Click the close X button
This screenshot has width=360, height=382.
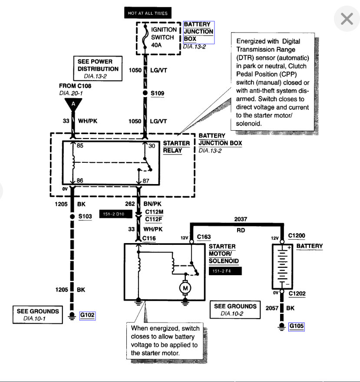347,19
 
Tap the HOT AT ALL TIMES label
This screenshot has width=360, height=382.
147,13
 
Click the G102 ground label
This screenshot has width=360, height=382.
87,316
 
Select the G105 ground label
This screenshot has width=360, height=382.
297,326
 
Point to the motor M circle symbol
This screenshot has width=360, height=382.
185,287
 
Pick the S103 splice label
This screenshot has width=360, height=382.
85,216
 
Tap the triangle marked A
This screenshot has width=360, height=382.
73,104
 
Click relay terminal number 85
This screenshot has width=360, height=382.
80,146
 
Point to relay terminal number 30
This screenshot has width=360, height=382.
152,146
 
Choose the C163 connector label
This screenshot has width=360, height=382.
204,237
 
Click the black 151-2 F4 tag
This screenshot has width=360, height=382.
225,271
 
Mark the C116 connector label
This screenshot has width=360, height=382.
149,238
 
